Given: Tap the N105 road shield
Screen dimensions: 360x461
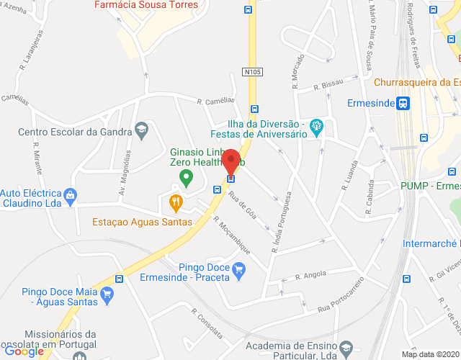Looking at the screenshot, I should click(251, 72).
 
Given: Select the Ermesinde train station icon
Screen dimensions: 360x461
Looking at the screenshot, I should click(403, 103).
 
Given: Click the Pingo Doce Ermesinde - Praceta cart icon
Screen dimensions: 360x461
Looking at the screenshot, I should click(240, 269).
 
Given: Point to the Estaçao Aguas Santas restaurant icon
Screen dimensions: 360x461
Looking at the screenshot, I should click(174, 204).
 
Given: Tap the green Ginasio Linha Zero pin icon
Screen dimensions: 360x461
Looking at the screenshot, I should click(186, 177).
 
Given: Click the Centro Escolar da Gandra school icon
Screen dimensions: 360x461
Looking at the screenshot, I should click(142, 130).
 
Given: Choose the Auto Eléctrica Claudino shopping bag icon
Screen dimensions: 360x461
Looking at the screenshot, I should click(70, 194).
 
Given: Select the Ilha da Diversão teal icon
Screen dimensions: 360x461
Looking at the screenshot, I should click(315, 129).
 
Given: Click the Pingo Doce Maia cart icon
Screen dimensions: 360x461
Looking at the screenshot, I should click(107, 293).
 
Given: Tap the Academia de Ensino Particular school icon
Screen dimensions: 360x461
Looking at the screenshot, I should click(346, 348).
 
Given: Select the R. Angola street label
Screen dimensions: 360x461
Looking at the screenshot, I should click(310, 275).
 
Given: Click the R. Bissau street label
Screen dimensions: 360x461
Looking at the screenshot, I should click(329, 86).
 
